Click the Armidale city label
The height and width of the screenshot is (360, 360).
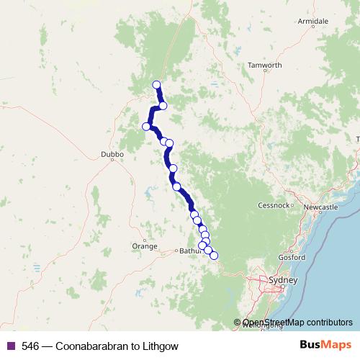tap(313, 22)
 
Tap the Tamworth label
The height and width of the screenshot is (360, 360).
tap(264, 65)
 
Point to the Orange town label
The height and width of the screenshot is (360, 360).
tap(144, 246)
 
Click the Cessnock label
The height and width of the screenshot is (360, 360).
tap(273, 205)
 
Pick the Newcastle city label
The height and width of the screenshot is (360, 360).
tap(321, 207)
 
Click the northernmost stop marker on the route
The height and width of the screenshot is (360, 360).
tap(157, 85)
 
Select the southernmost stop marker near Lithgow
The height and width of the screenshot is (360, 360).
tap(213, 256)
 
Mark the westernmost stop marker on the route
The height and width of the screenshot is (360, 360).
tap(146, 127)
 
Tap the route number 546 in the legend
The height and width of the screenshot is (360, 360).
tap(30, 346)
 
